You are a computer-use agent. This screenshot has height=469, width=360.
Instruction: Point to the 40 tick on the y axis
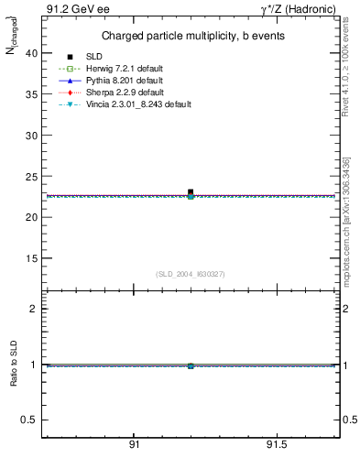pyautogui.click(x=31, y=53)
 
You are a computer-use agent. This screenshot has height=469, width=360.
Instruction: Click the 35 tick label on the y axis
pyautogui.click(x=31, y=94)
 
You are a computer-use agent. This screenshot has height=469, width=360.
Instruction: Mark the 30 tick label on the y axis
pyautogui.click(x=31, y=136)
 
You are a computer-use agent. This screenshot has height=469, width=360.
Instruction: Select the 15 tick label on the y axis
pyautogui.click(x=31, y=258)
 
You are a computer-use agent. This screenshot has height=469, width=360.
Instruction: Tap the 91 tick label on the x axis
pyautogui.click(x=134, y=444)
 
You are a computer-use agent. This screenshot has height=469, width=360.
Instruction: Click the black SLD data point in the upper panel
pyautogui.click(x=191, y=192)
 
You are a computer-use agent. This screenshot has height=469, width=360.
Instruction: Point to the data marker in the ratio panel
pyautogui.click(x=191, y=365)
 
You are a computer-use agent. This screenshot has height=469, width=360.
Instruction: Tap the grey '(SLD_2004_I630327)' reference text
pyautogui.click(x=190, y=274)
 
